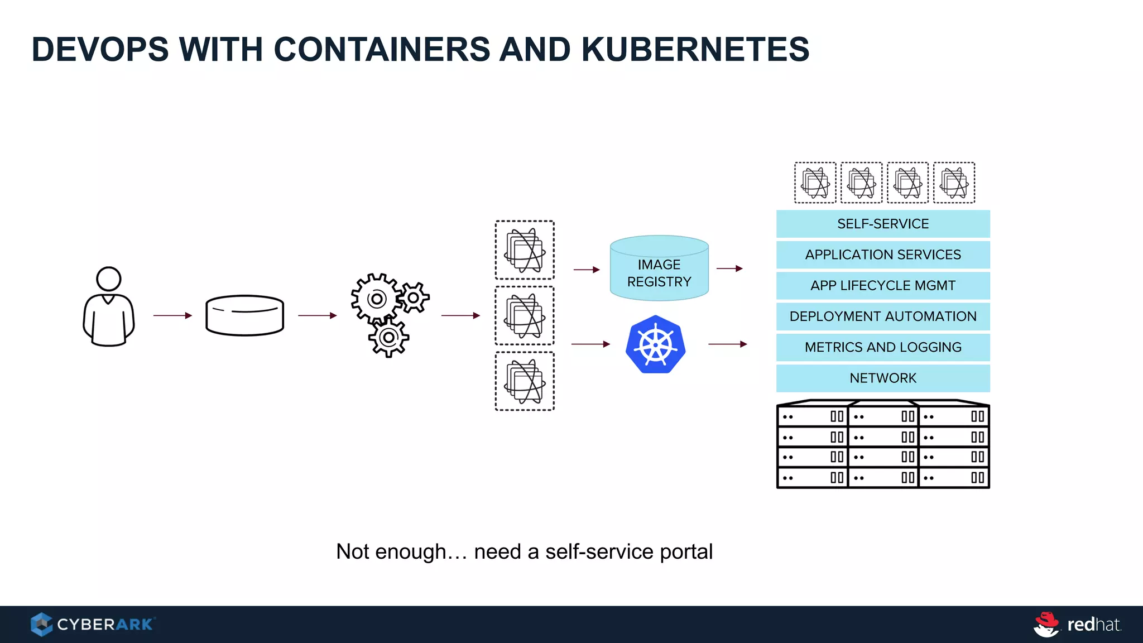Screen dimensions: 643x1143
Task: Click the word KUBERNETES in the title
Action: click(695, 49)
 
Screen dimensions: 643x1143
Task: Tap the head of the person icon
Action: click(108, 279)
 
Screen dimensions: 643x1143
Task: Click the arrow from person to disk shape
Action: click(172, 315)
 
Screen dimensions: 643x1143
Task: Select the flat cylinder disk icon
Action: click(244, 315)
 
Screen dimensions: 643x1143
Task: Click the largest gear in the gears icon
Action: click(376, 299)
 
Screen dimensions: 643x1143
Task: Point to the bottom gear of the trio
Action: click(388, 338)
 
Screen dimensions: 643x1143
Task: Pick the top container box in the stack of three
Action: click(525, 250)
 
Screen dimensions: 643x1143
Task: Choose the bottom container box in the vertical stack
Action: click(525, 381)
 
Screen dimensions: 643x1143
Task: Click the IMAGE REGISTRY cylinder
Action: click(659, 268)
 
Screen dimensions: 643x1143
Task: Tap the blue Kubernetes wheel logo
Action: click(655, 344)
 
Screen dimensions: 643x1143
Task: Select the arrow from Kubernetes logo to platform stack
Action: click(727, 344)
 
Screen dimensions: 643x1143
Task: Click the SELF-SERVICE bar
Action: click(883, 224)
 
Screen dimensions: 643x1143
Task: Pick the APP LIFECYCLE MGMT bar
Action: click(883, 285)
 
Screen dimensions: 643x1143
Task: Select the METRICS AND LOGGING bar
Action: click(883, 347)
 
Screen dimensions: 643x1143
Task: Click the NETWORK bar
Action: click(883, 378)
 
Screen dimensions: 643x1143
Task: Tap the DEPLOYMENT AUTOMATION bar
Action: click(883, 316)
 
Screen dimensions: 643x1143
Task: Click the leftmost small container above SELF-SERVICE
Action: click(815, 183)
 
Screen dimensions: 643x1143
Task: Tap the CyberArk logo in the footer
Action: click(92, 624)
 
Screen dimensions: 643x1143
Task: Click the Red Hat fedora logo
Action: click(1046, 624)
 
